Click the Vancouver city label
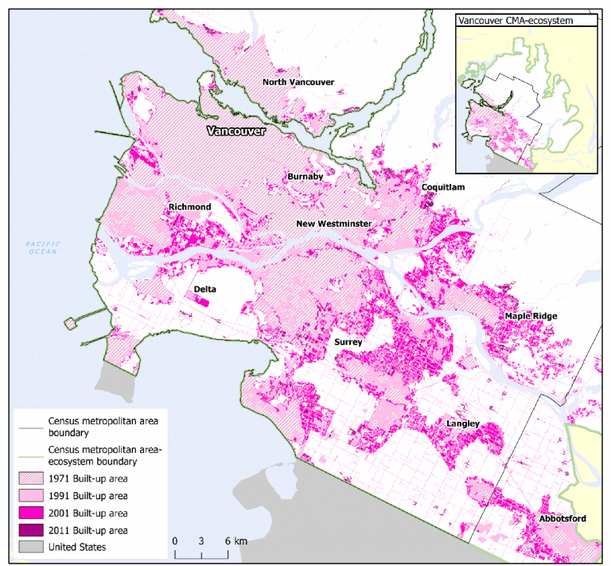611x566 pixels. pos(235,131)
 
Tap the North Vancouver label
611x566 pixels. pos(298,83)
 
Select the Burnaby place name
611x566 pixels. pos(305,177)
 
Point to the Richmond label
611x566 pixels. pos(189,208)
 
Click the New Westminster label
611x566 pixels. pos(333,224)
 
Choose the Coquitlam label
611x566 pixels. pos(443,187)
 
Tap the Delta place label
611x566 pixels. pos(206,290)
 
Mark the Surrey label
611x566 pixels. pos(348,342)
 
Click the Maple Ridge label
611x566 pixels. pos(531,316)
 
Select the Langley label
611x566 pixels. pos(462,424)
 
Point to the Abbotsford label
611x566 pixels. pos(562,519)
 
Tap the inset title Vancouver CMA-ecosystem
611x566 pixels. pos(515,21)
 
